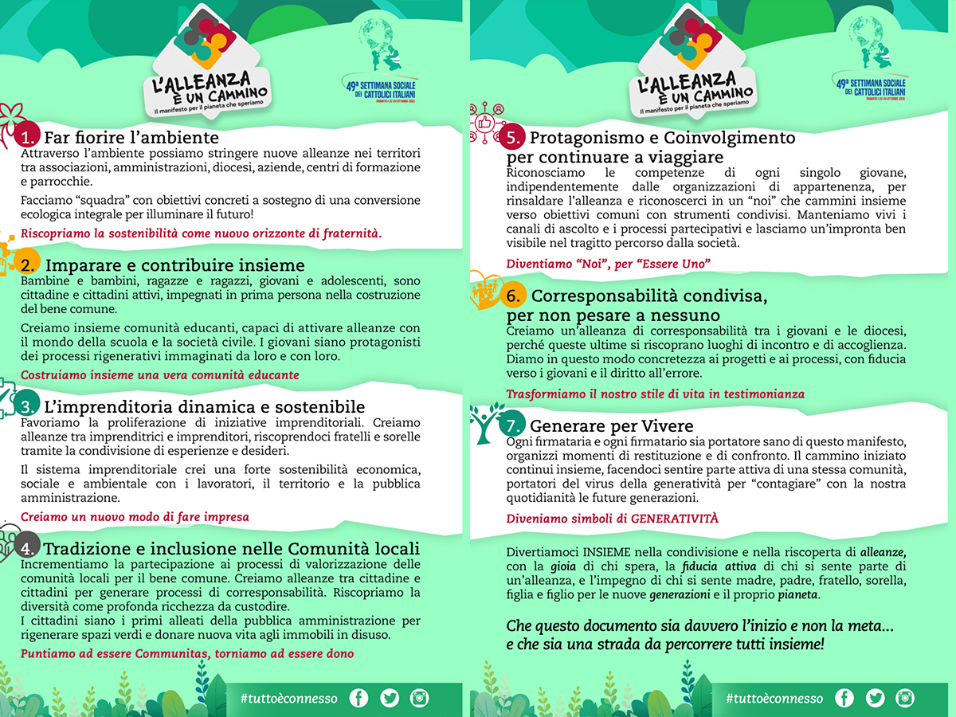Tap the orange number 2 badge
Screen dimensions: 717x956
(27, 264)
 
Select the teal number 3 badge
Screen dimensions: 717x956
(27, 408)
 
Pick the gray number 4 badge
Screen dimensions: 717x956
(27, 548)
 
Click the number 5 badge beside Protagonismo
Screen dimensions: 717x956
(511, 138)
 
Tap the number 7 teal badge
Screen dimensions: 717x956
(511, 425)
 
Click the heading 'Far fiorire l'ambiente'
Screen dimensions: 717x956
(131, 136)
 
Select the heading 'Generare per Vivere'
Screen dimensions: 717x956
(611, 425)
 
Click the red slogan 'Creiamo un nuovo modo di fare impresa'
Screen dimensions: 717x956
(135, 516)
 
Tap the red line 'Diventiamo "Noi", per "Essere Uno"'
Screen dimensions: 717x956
(608, 263)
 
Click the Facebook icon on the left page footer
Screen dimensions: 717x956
(359, 699)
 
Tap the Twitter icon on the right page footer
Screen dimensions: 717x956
(875, 699)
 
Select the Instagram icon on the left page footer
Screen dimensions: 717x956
(419, 699)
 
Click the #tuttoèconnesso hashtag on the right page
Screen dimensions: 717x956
(774, 699)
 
